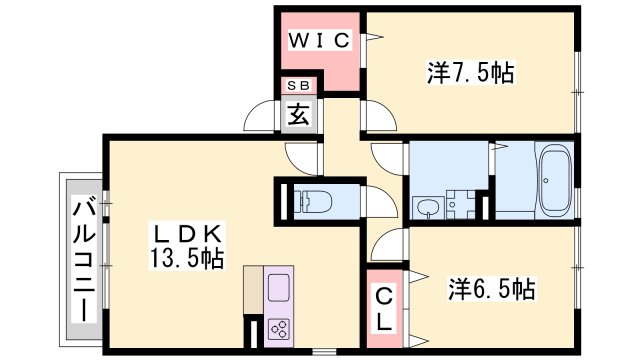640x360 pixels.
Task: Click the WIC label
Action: [x=319, y=40]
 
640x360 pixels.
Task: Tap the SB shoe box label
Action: [x=299, y=86]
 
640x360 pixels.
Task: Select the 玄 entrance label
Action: [x=299, y=114]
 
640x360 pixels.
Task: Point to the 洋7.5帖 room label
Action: [x=470, y=73]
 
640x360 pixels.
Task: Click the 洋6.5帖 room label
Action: [x=491, y=289]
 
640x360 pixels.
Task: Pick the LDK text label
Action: [x=187, y=234]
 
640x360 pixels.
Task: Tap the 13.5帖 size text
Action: [x=187, y=258]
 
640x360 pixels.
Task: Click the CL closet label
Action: [x=384, y=309]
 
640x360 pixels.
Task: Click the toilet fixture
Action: [x=313, y=201]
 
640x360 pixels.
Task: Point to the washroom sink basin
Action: [x=427, y=207]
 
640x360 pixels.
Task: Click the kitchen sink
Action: [x=279, y=287]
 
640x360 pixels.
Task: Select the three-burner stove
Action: [x=279, y=329]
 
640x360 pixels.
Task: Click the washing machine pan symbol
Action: [x=460, y=204]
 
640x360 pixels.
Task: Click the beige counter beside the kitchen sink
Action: [x=253, y=290]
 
